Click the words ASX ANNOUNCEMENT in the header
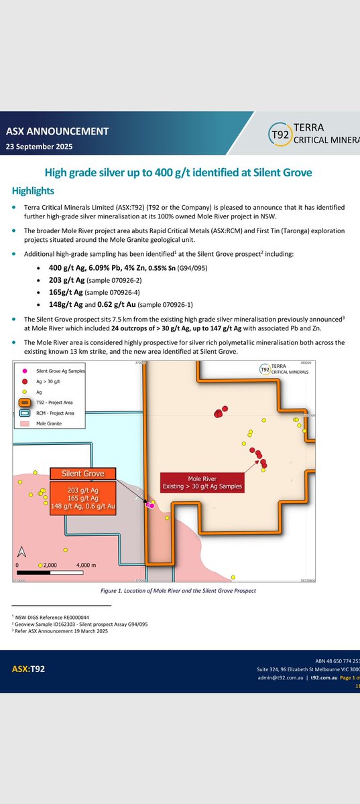(57, 131)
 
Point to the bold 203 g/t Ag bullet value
(70, 281)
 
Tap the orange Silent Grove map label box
(81, 473)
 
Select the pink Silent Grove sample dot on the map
(152, 506)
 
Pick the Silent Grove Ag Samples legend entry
(61, 371)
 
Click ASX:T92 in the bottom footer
(29, 669)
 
